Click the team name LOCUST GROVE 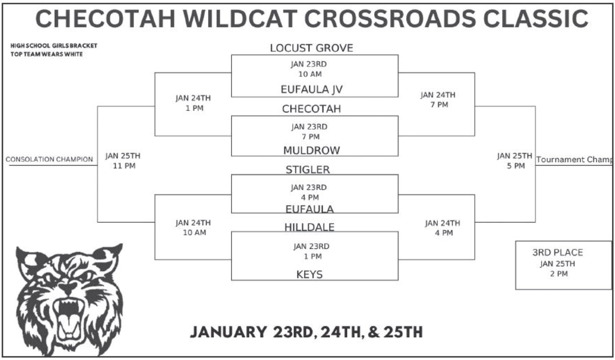[311, 48]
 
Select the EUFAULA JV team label [311, 89]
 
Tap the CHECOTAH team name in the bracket [311, 109]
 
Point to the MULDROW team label [311, 151]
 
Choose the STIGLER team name [307, 169]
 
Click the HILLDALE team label [309, 227]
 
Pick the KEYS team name [309, 274]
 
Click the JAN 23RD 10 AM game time [309, 69]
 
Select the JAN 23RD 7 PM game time [309, 132]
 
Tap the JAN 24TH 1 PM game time [193, 103]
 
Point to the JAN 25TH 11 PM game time [123, 161]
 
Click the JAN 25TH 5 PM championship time [515, 161]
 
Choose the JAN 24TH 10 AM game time [193, 228]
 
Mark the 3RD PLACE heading [558, 252]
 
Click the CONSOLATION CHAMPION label [49, 159]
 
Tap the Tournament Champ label [574, 159]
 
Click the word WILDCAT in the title [240, 19]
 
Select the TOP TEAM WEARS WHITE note [47, 54]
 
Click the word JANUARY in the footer [228, 332]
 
